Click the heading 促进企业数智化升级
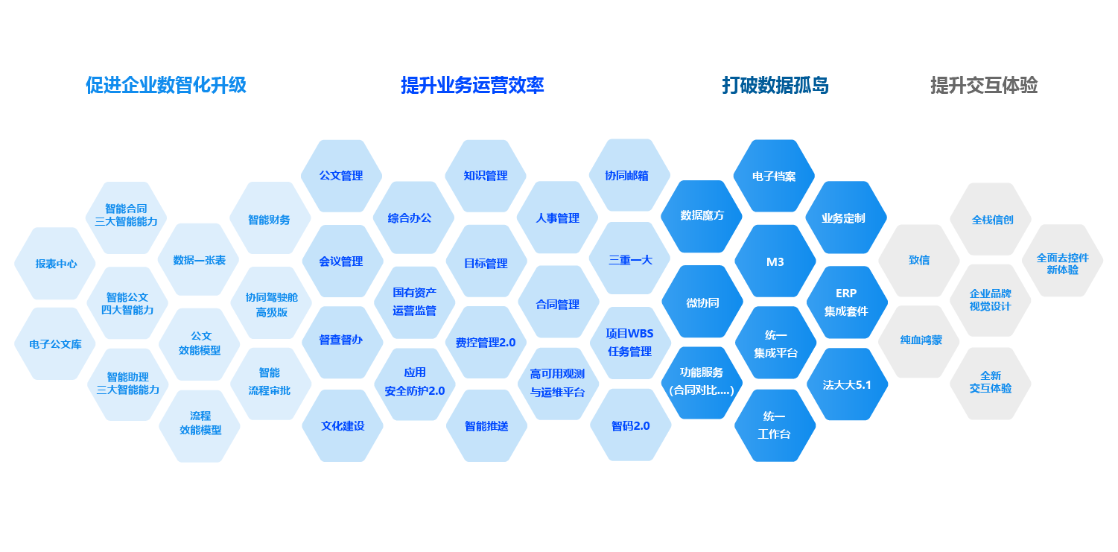pos(165,86)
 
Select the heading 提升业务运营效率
pos(472,86)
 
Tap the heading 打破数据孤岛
pos(775,86)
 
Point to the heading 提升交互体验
pos(983,86)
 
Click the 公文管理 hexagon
pos(341,176)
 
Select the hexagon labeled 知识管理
pos(486,176)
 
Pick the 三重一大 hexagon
pos(630,260)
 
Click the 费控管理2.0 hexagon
pos(486,343)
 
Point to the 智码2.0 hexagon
pos(630,426)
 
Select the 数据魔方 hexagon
pos(702,216)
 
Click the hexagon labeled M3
pos(775,261)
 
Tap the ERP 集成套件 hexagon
pos(846,302)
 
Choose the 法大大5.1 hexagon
pos(847,385)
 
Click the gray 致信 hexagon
pos(918,261)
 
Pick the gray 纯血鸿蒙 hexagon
pos(920,340)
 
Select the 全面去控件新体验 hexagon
pos(1062,263)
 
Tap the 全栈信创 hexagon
pos(991,220)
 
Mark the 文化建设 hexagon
pos(343,426)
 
